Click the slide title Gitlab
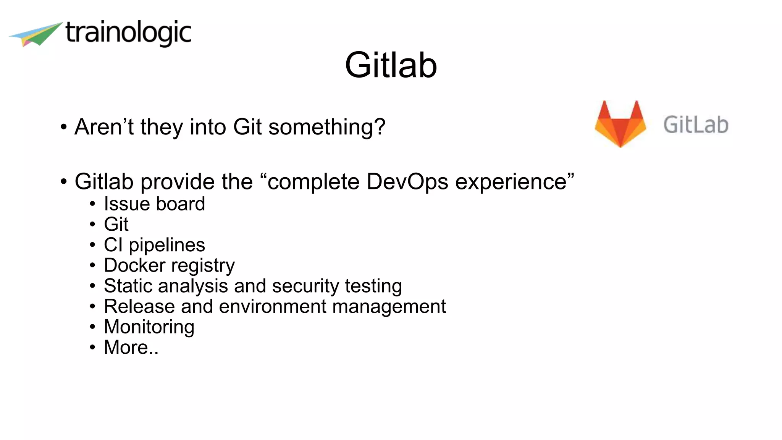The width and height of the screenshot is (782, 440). click(x=391, y=65)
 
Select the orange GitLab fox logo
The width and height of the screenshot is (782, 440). click(x=620, y=123)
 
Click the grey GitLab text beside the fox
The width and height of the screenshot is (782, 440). click(x=696, y=125)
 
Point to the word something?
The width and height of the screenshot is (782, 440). click(x=327, y=127)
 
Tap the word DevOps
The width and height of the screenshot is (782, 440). click(x=407, y=181)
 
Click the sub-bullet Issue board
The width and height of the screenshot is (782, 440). click(x=154, y=204)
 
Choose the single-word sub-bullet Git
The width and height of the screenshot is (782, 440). click(x=116, y=224)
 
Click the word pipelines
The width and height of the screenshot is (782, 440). click(x=167, y=245)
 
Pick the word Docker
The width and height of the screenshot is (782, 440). click(x=135, y=265)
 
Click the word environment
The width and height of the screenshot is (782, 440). click(x=273, y=306)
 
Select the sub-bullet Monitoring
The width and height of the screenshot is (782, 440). click(x=149, y=327)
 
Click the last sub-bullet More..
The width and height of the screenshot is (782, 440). click(x=131, y=347)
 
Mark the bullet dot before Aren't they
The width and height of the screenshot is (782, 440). click(x=63, y=127)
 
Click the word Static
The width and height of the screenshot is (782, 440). click(x=128, y=286)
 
